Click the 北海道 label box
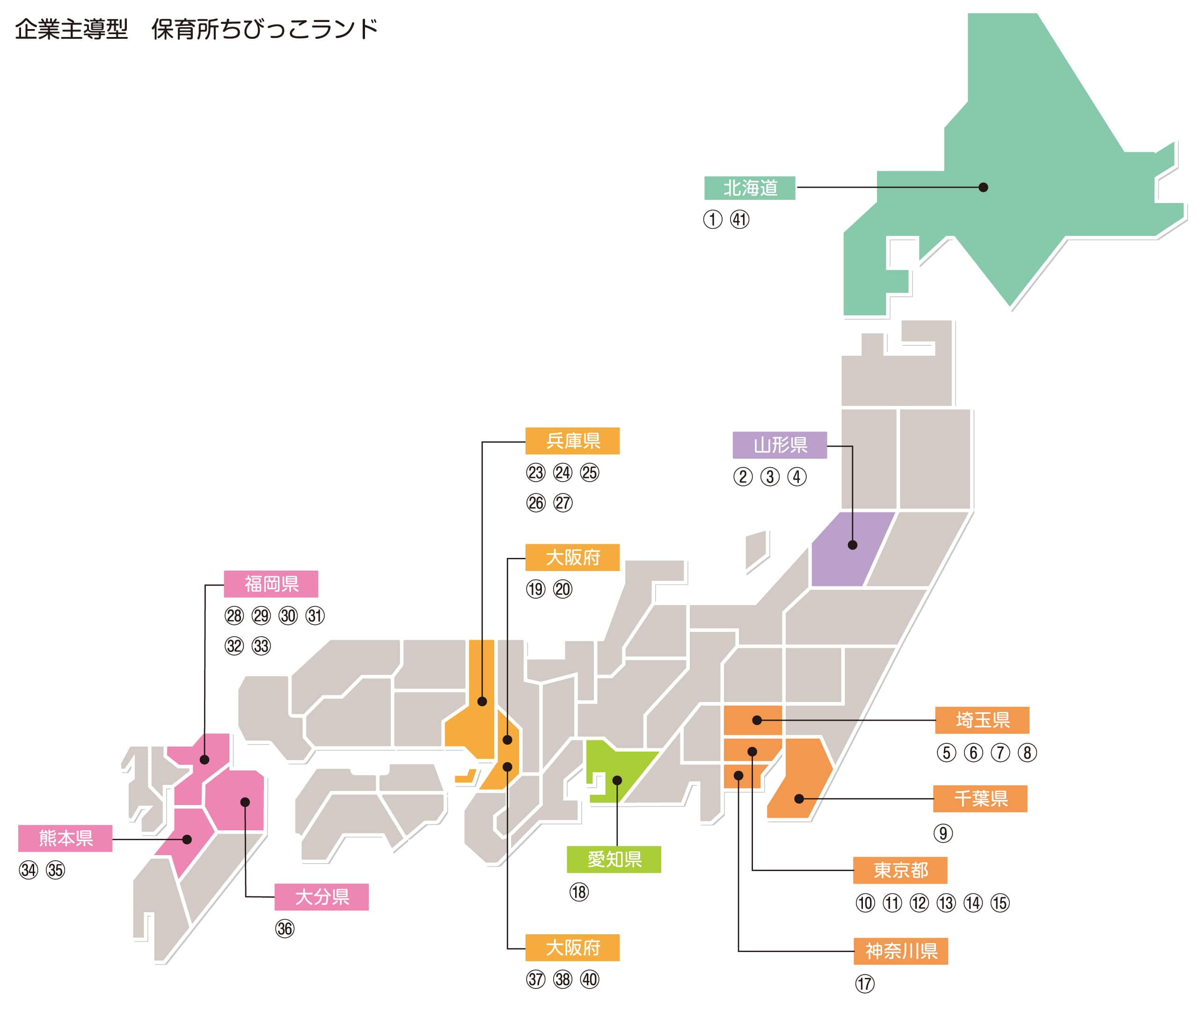749,188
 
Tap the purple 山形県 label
779,445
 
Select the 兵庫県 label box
572,441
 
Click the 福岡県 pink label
270,584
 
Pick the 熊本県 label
66,838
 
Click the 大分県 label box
321,897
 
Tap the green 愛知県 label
613,860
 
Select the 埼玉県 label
981,720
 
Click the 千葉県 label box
980,799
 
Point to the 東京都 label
899,871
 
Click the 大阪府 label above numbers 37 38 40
572,948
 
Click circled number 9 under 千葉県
942,833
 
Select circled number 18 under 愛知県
579,892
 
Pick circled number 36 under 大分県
285,929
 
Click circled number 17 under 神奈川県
864,984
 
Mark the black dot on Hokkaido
983,187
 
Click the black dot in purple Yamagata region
852,545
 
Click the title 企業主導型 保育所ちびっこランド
196,29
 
